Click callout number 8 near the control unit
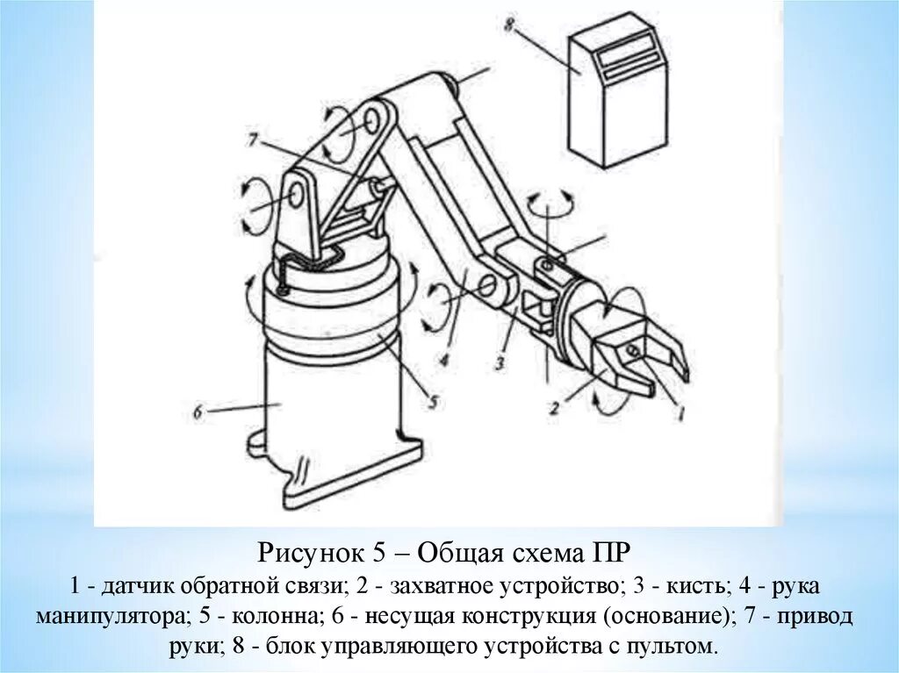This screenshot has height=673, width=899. (x=509, y=26)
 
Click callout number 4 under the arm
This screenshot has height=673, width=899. (x=445, y=361)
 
